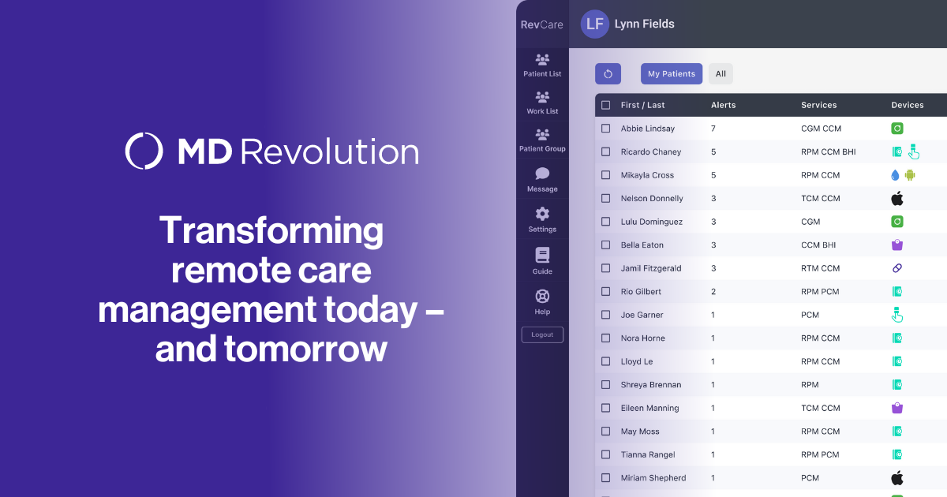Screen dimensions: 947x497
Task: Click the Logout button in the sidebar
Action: pyautogui.click(x=542, y=334)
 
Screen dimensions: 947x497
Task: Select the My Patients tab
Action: pyautogui.click(x=672, y=74)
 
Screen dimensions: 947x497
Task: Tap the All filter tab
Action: pyautogui.click(x=721, y=74)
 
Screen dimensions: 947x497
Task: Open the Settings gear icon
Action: pyautogui.click(x=542, y=214)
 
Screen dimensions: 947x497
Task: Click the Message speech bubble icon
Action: pyautogui.click(x=542, y=174)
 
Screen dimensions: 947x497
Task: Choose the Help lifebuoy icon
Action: pyautogui.click(x=542, y=297)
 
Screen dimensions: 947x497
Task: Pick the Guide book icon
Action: pyautogui.click(x=542, y=256)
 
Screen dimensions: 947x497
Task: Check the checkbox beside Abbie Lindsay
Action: pyautogui.click(x=606, y=129)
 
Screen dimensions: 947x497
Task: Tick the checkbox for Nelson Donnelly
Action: pyautogui.click(x=606, y=198)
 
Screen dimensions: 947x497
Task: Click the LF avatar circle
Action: pyautogui.click(x=595, y=24)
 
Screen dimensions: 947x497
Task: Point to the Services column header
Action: pyautogui.click(x=819, y=105)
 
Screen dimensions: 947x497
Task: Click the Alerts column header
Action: pyautogui.click(x=724, y=105)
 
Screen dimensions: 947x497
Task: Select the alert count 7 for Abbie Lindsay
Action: pyautogui.click(x=713, y=129)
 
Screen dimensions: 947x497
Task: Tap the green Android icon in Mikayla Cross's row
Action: pyautogui.click(x=910, y=175)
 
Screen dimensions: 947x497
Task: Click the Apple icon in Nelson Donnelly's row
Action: pyautogui.click(x=897, y=198)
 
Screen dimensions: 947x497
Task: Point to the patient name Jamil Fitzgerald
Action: pyautogui.click(x=651, y=268)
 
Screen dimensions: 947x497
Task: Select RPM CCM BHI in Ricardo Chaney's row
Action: pyautogui.click(x=828, y=151)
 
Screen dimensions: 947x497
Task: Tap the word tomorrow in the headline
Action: pyautogui.click(x=305, y=349)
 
